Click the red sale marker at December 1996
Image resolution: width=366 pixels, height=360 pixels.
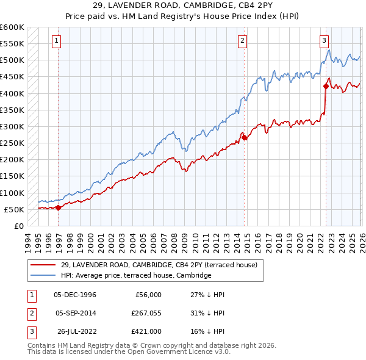pos(59,207)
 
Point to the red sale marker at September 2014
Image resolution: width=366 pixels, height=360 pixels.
pos(245,138)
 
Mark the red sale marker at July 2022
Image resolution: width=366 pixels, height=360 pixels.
pos(326,87)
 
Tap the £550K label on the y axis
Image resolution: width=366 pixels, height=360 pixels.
pos(12,44)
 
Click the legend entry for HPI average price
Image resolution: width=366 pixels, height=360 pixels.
pos(135,276)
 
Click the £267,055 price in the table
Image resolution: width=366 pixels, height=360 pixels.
pos(146,313)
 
